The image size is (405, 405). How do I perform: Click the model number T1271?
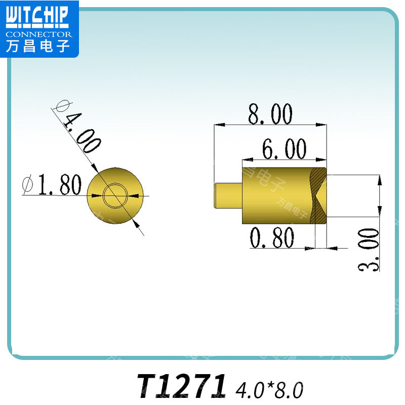[182, 386]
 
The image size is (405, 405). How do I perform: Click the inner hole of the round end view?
[115, 195]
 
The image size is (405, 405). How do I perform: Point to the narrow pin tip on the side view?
[228, 195]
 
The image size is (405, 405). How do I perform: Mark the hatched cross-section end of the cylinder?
[318, 195]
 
